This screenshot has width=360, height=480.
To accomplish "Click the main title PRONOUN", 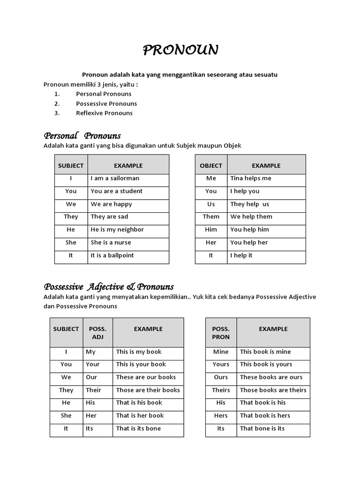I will [180, 50].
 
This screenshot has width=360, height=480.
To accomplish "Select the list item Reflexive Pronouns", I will [104, 113].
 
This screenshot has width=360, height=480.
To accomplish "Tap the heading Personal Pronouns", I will [82, 136].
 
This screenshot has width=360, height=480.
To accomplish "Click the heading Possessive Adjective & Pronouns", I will [109, 286].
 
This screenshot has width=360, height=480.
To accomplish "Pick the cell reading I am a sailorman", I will [115, 178].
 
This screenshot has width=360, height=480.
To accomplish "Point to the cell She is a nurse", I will [111, 242].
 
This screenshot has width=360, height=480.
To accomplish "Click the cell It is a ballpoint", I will [112, 255].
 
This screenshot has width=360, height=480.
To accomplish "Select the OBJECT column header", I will [211, 165].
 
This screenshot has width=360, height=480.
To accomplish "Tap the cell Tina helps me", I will [251, 178].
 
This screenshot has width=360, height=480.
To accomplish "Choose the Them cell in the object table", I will [211, 217].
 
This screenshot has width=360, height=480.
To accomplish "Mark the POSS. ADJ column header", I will [97, 333].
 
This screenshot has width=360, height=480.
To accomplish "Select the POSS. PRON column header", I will [221, 333].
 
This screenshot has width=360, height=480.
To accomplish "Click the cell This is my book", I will [139, 352].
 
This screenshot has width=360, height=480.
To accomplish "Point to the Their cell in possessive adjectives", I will [93, 390].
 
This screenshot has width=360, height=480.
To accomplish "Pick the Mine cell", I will [221, 352].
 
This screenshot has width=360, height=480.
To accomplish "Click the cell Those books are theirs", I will [273, 390].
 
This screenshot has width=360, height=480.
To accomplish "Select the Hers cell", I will [221, 415].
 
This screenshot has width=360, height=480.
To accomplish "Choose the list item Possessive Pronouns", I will [106, 104].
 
